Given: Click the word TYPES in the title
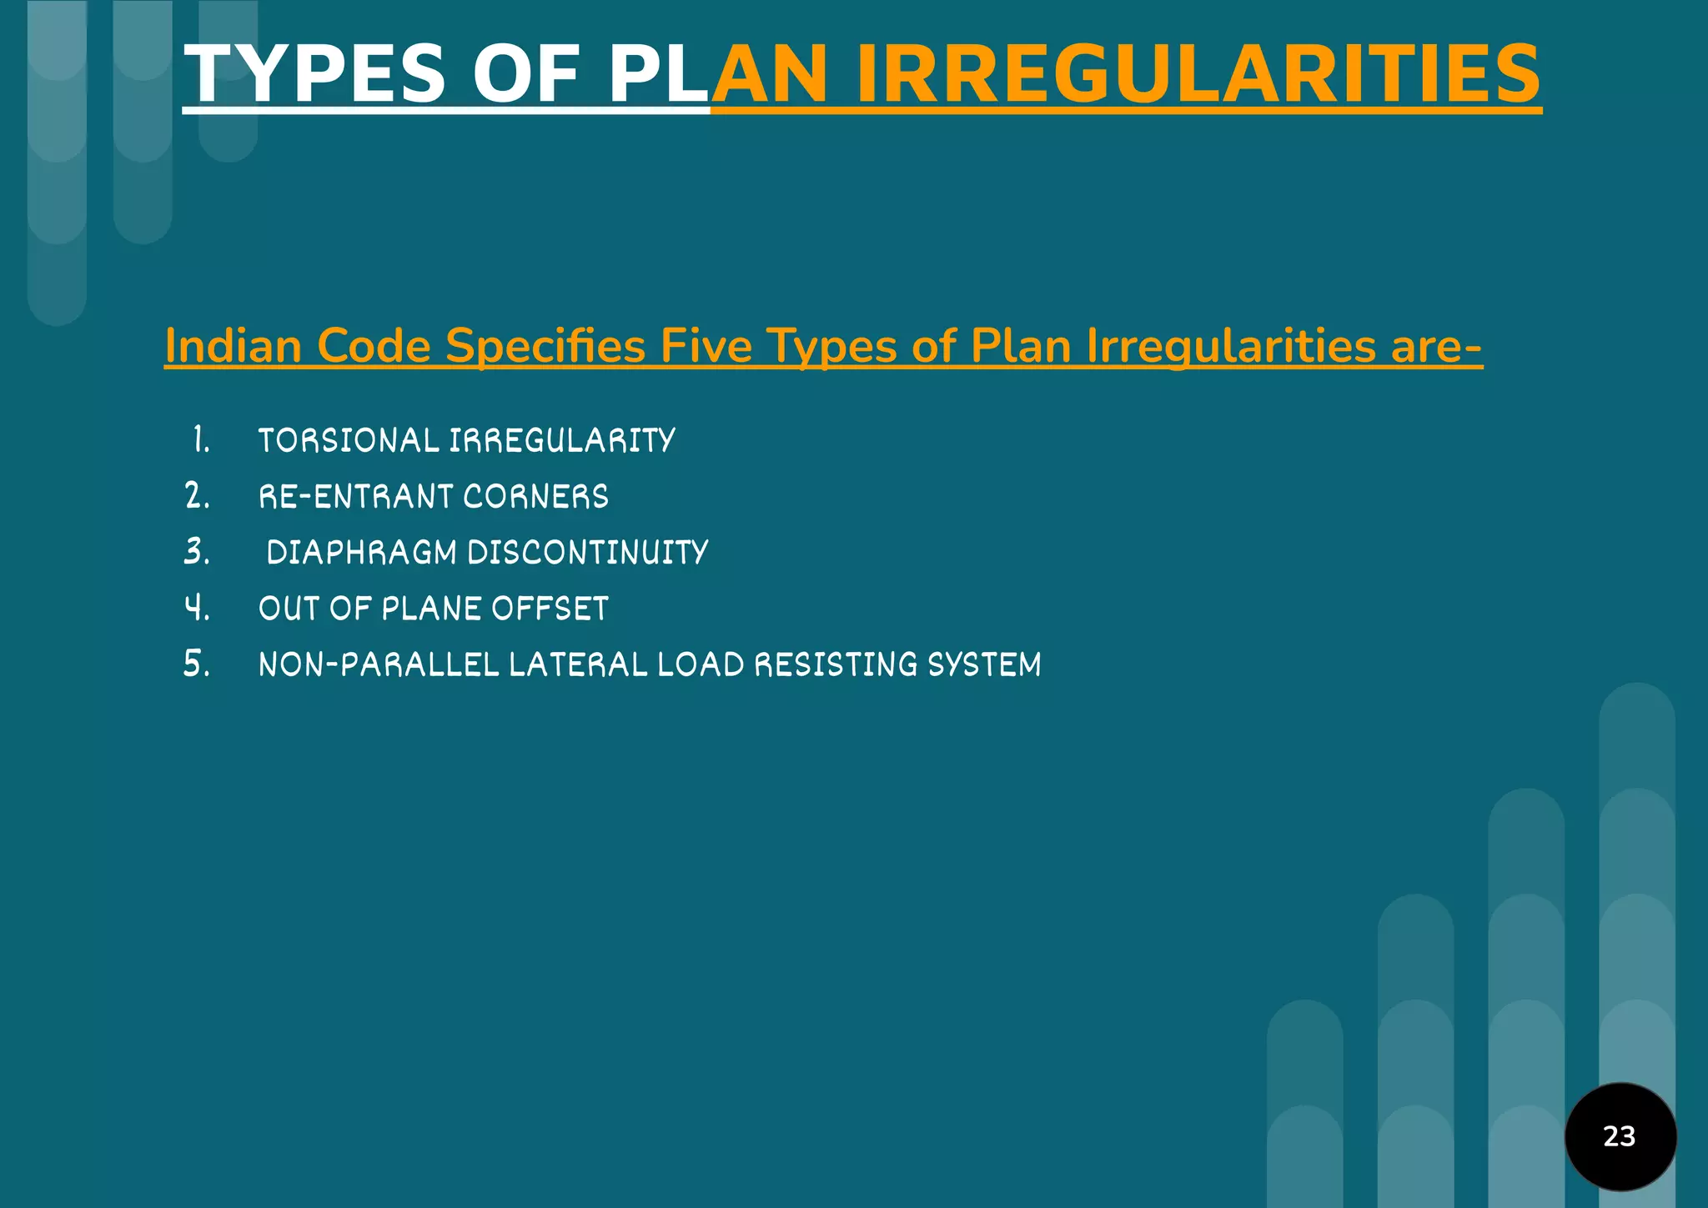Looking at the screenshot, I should pos(314,74).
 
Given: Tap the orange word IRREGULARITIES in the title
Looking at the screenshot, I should pos(1198,74).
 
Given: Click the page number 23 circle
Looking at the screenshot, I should pos(1620,1136).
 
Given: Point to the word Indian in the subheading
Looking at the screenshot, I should pos(233,346).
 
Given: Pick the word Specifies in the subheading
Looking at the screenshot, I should pos(545,346).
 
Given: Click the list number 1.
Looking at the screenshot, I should pos(200,440).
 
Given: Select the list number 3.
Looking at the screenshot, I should pos(197,552).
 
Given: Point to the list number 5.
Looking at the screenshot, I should pos(197,664).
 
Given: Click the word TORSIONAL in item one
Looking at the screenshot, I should pos(349,441).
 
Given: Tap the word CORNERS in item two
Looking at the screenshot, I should pos(535,497).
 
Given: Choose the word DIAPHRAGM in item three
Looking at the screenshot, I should pos(362,553).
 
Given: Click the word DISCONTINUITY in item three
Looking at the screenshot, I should pos(587,553).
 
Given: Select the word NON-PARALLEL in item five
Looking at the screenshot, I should pos(379,665).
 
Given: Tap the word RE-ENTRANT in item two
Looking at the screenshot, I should pos(356,497).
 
